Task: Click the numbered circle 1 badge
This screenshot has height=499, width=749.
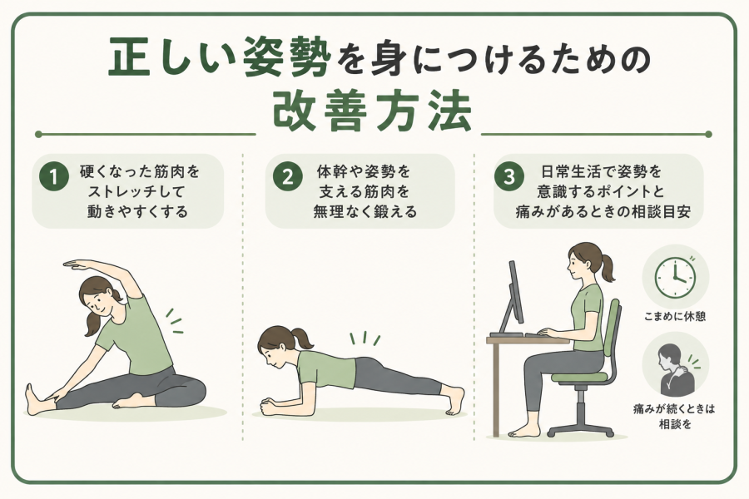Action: tap(53, 176)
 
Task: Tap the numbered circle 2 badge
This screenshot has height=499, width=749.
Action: tap(287, 176)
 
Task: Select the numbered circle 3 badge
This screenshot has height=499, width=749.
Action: tap(509, 176)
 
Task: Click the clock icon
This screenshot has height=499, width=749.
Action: tap(674, 278)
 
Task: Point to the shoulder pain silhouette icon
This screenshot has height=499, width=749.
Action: tap(675, 366)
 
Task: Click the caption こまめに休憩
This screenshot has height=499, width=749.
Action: tap(674, 316)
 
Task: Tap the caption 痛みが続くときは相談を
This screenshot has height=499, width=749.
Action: tap(674, 416)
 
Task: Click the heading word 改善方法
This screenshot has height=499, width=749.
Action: tap(373, 111)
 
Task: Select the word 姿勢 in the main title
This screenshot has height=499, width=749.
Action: tap(287, 57)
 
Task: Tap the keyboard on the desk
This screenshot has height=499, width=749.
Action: tap(546, 334)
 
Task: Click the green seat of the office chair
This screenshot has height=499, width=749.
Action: tap(580, 376)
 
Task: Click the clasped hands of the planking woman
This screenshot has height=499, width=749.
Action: tap(270, 408)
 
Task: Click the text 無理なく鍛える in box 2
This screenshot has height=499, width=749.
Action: tap(365, 211)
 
